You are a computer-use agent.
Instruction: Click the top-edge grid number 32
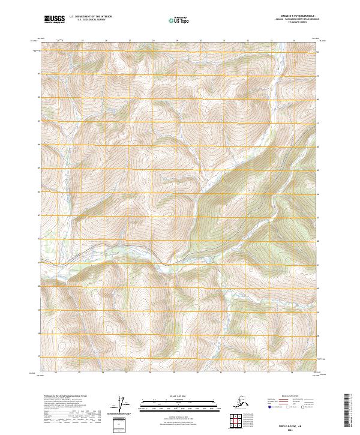click(248, 41)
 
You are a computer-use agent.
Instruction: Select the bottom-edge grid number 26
click(103, 372)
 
